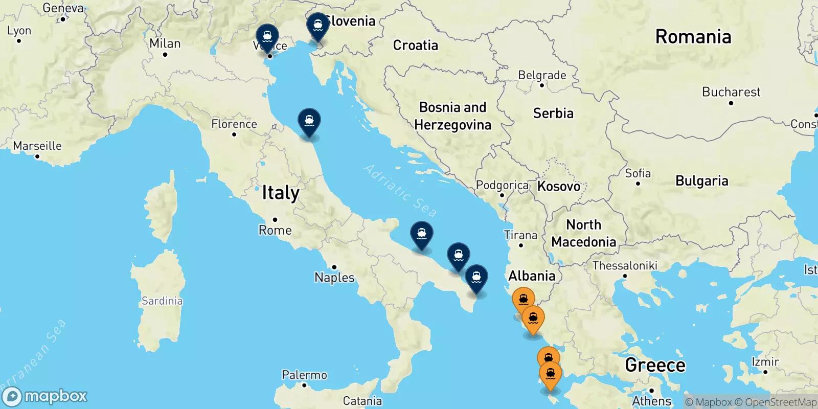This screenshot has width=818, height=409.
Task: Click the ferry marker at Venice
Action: [267, 37]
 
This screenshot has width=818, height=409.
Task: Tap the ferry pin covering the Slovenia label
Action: [317, 26]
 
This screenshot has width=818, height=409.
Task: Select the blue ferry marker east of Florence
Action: [309, 122]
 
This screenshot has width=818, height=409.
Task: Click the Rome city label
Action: [275, 230]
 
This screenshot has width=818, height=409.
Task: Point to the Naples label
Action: [334, 278]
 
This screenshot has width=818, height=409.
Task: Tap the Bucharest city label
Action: [731, 92]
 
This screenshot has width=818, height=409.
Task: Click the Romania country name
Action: [693, 37]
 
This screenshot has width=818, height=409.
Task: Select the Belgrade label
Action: [542, 75]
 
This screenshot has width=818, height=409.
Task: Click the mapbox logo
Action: [45, 396]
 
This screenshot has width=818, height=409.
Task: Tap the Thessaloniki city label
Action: [625, 265]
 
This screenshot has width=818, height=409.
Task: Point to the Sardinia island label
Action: [162, 301]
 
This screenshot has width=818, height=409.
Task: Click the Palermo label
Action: [304, 375]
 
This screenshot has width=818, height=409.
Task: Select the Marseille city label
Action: [37, 146]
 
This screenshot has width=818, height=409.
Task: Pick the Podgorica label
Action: [502, 185]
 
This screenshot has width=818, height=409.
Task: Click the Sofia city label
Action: [638, 173]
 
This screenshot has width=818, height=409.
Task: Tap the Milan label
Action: [165, 43]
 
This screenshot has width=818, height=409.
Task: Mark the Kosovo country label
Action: [559, 186]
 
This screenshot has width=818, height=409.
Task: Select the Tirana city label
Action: [520, 235]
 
